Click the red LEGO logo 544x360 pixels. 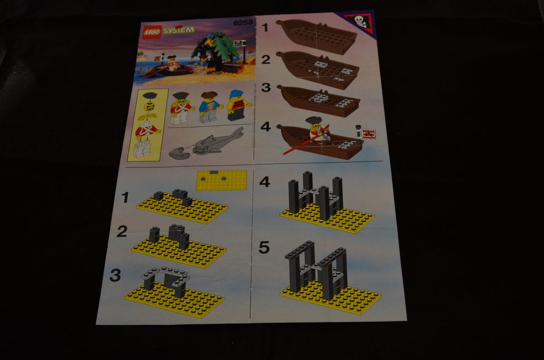(152, 33)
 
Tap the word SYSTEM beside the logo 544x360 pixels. (179, 30)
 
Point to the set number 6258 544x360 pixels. (243, 23)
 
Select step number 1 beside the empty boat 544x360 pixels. (265, 28)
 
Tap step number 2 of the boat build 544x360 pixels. (266, 60)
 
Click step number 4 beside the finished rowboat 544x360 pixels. (265, 127)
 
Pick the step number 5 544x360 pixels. (264, 248)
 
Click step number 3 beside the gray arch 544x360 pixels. (115, 276)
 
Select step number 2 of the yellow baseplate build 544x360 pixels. (122, 232)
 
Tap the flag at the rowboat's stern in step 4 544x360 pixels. (369, 134)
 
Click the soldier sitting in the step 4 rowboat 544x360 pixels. (317, 130)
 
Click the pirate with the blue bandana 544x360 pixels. (238, 105)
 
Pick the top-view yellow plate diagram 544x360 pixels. (222, 180)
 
